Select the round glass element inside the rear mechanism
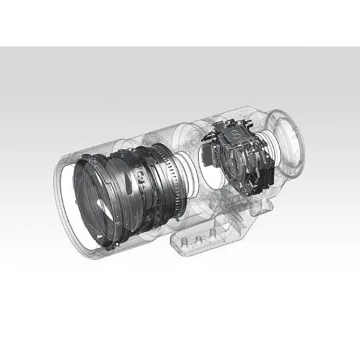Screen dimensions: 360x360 coord(232,160)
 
